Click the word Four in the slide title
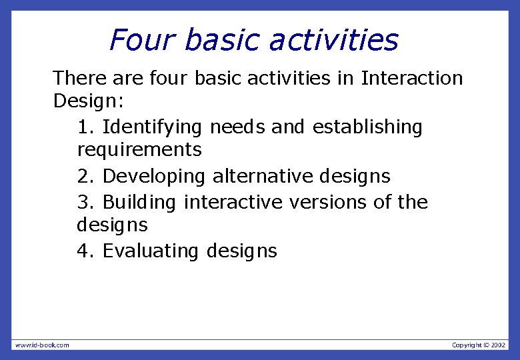click(x=142, y=40)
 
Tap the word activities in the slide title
click(x=334, y=40)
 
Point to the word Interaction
click(x=411, y=79)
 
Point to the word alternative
click(x=263, y=177)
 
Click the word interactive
click(x=233, y=202)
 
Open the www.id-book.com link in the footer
click(x=41, y=345)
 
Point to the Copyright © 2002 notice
click(x=478, y=345)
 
